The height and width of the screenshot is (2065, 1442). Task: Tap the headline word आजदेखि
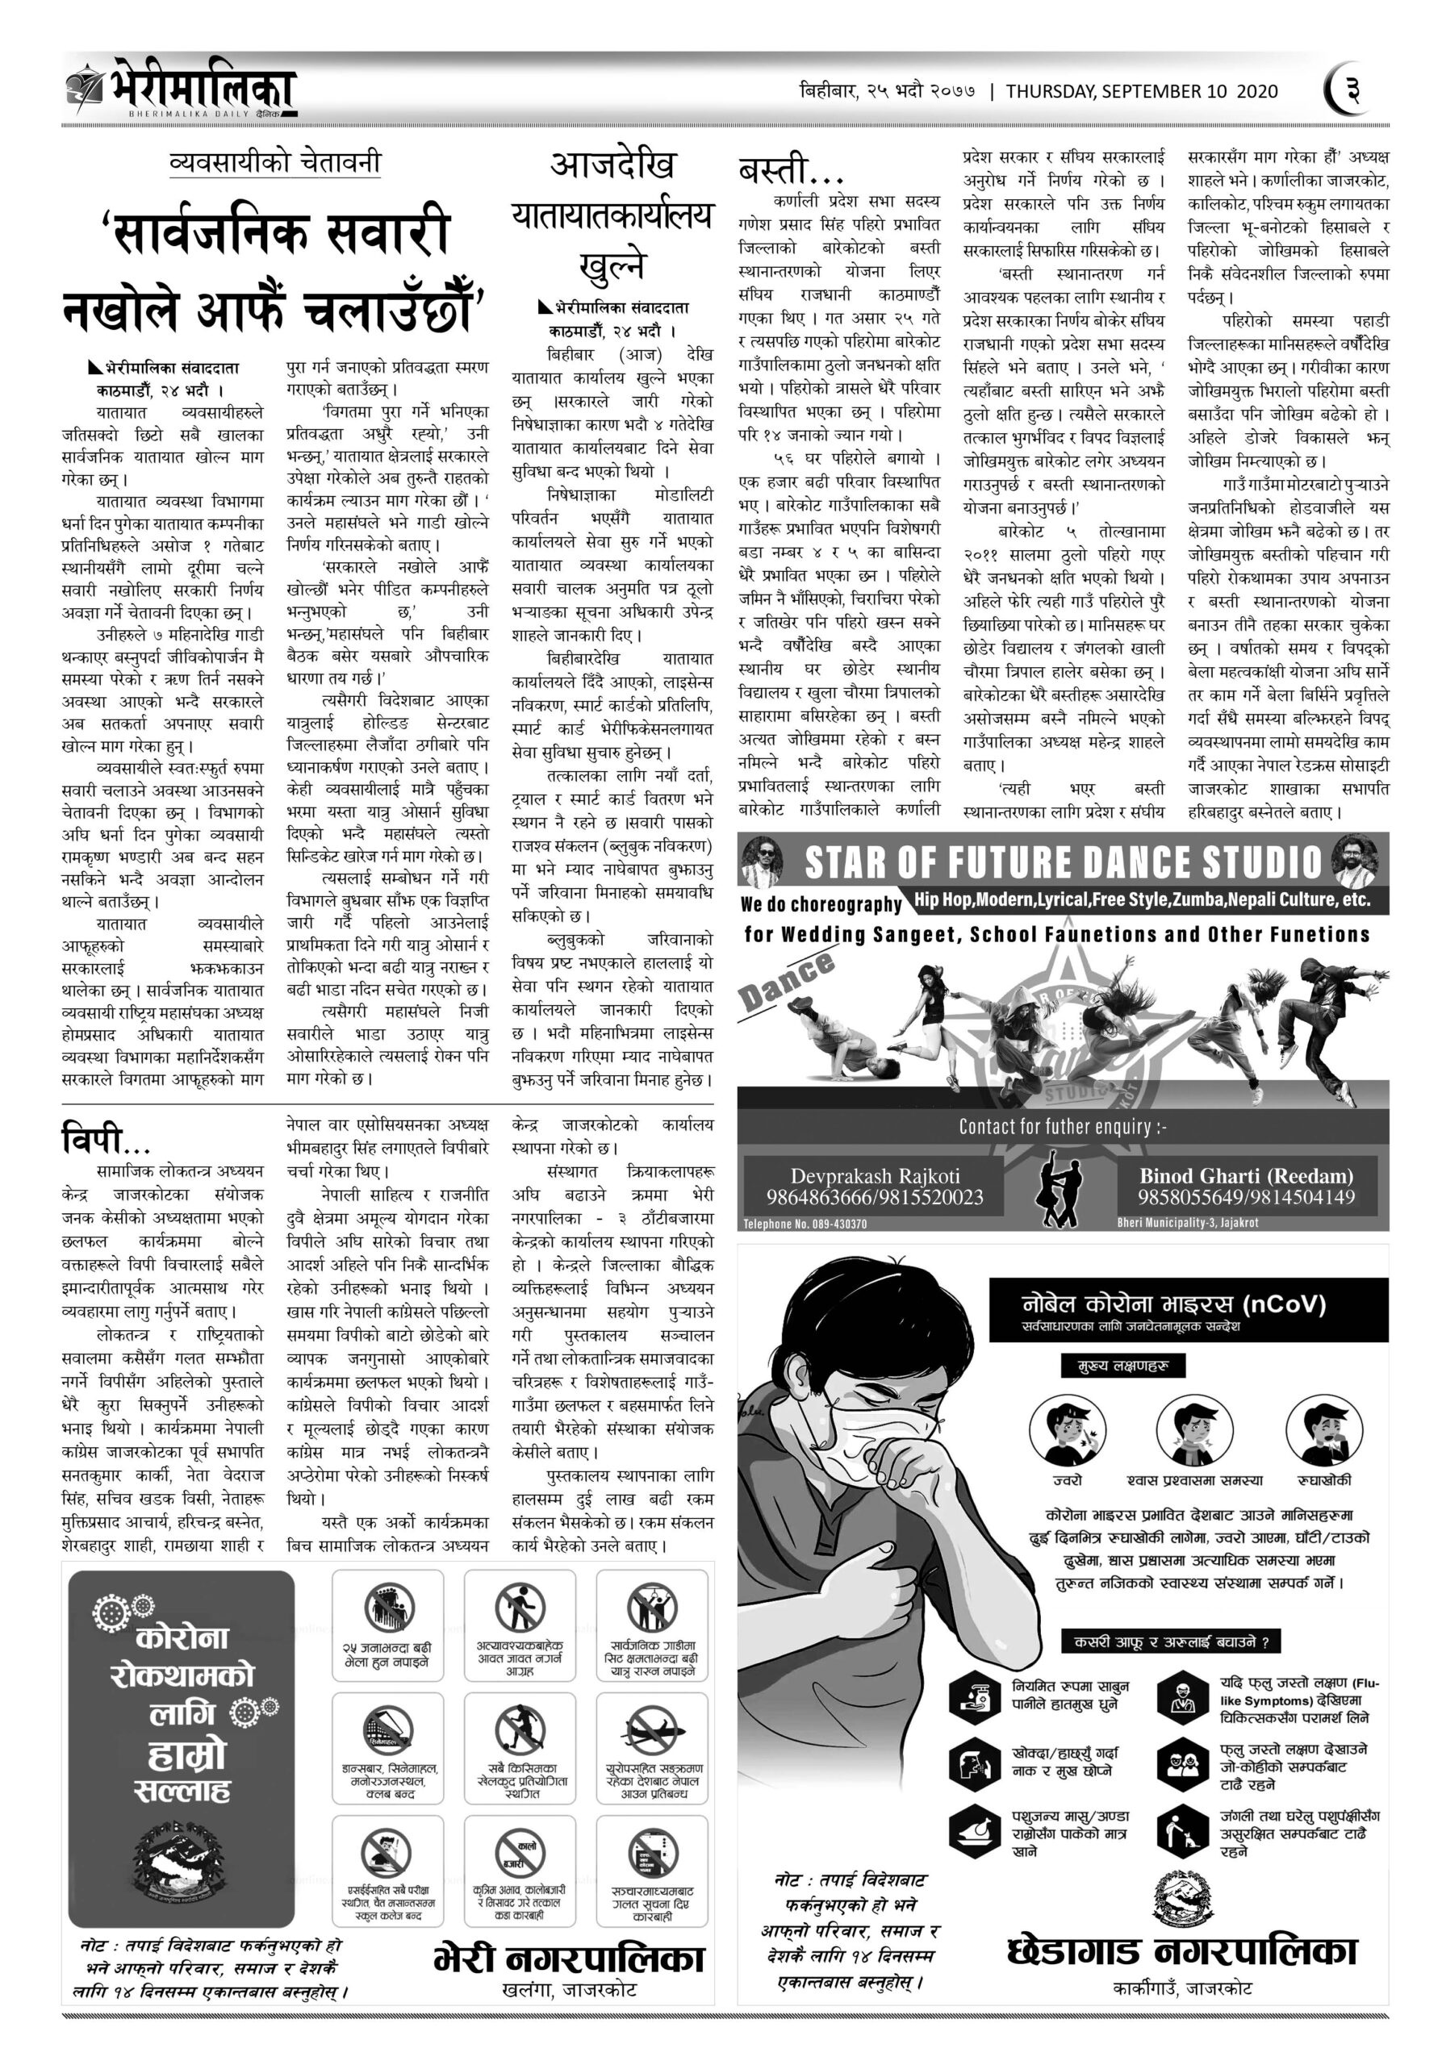(x=612, y=165)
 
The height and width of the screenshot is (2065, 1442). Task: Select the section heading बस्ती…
(x=786, y=171)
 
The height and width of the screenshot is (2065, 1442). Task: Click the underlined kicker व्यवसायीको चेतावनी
(x=274, y=163)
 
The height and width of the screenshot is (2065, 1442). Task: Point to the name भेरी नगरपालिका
(x=569, y=1957)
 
